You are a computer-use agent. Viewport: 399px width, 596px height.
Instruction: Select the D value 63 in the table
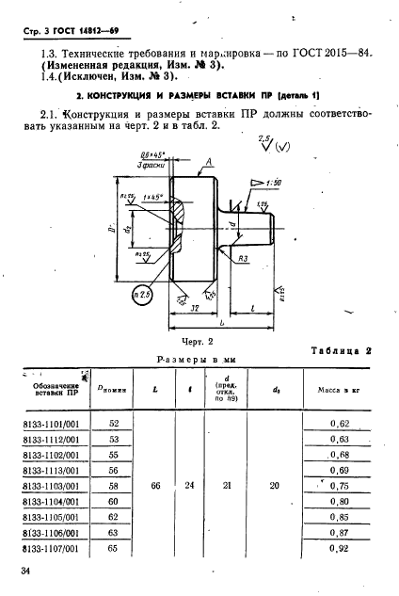[x=115, y=531]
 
